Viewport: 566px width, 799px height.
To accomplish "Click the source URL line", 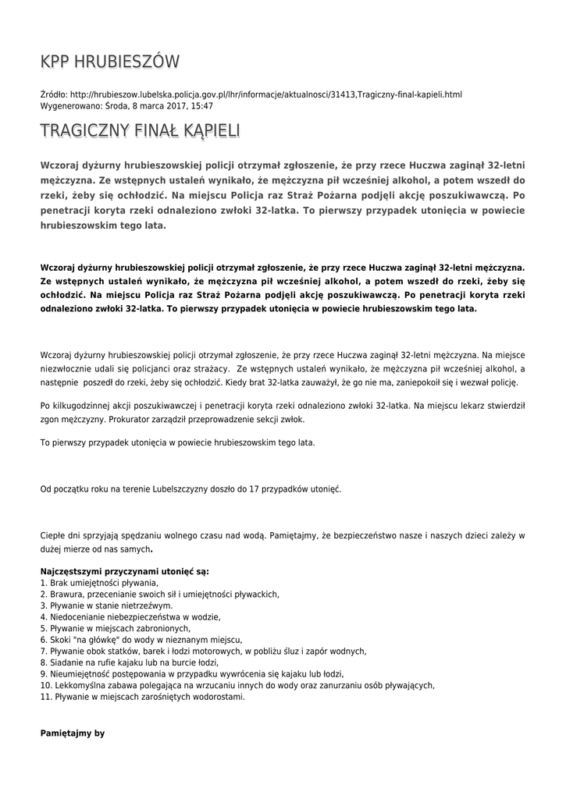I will pyautogui.click(x=251, y=94).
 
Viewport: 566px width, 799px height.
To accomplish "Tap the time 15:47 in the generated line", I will pyautogui.click(x=202, y=105).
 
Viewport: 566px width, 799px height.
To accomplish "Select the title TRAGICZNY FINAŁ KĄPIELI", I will pyautogui.click(x=140, y=130).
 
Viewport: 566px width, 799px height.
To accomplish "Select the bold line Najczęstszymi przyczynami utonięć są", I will pyautogui.click(x=124, y=571).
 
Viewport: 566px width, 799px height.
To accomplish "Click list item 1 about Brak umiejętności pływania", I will pyautogui.click(x=99, y=583).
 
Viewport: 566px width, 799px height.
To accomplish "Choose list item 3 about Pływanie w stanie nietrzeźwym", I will pyautogui.click(x=106, y=605).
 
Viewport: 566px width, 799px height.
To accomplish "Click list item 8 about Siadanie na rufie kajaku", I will pyautogui.click(x=129, y=662).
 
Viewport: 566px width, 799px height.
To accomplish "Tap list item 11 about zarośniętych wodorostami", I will pyautogui.click(x=142, y=697).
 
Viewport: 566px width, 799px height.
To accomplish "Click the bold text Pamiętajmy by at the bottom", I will pyautogui.click(x=72, y=734).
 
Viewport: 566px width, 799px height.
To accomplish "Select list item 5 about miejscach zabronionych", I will pyautogui.click(x=115, y=628).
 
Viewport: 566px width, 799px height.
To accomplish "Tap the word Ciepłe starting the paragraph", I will pyautogui.click(x=53, y=536).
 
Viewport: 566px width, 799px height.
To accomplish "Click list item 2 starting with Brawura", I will pyautogui.click(x=159, y=594).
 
